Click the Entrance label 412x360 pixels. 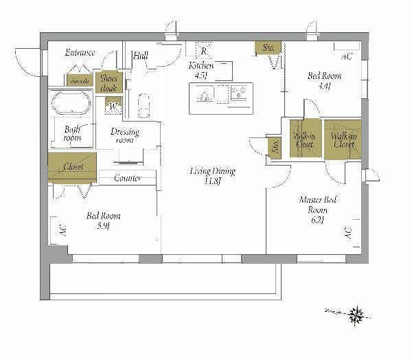80,53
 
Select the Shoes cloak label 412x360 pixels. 109,83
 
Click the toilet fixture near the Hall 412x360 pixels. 143,108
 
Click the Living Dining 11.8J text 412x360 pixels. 213,176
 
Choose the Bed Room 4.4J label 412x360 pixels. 324,80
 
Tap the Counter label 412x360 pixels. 127,179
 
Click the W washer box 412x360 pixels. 112,106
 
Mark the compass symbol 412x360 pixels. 355,313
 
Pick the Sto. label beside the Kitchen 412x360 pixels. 267,47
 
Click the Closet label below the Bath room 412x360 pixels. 73,167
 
